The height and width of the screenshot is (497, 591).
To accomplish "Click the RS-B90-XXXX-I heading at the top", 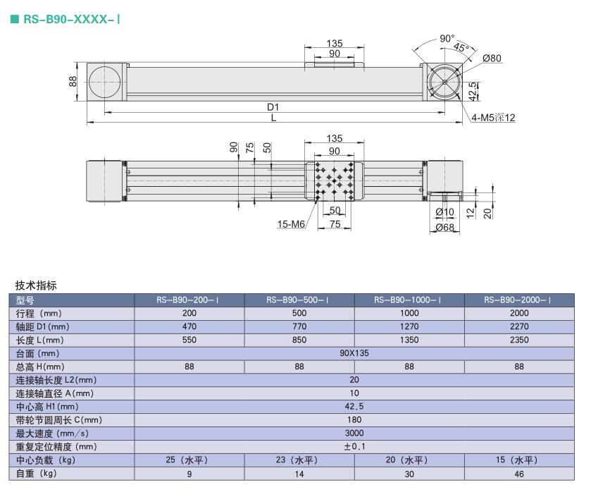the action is click(71, 19).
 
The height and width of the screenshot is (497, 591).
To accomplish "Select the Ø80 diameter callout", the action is click(492, 58).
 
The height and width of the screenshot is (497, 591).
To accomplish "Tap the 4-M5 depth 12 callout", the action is click(493, 118).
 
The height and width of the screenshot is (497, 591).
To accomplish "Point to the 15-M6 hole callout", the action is click(291, 224).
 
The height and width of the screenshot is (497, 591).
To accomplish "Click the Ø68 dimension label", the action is click(444, 228).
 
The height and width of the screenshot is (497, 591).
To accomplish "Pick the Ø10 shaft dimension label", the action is click(444, 212).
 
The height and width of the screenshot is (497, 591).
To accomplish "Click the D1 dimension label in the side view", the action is click(273, 107).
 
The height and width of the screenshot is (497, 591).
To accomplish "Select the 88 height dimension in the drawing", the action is click(73, 81).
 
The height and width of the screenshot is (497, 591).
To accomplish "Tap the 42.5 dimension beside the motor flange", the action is click(473, 91).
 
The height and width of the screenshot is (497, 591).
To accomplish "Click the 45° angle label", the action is click(461, 47).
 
